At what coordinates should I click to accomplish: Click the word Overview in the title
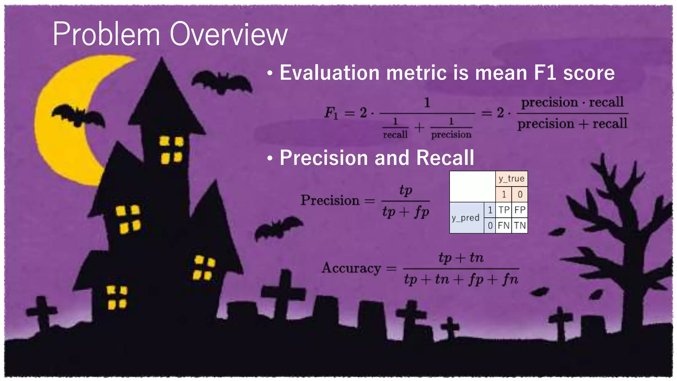[x=228, y=34]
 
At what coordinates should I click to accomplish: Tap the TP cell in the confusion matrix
[x=503, y=210]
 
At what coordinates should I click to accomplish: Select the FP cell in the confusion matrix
[x=520, y=210]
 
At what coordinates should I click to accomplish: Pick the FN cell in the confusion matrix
[x=503, y=226]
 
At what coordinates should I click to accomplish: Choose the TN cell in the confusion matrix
[x=520, y=226]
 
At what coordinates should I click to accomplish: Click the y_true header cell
[x=511, y=179]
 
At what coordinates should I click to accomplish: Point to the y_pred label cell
[x=466, y=218]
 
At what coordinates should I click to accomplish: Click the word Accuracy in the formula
[x=351, y=268]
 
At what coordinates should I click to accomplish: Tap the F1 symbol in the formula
[x=331, y=113]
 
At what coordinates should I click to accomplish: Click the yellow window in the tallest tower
[x=171, y=150]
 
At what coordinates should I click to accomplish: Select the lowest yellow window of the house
[x=117, y=297]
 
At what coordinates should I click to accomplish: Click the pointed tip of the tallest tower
[x=161, y=60]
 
